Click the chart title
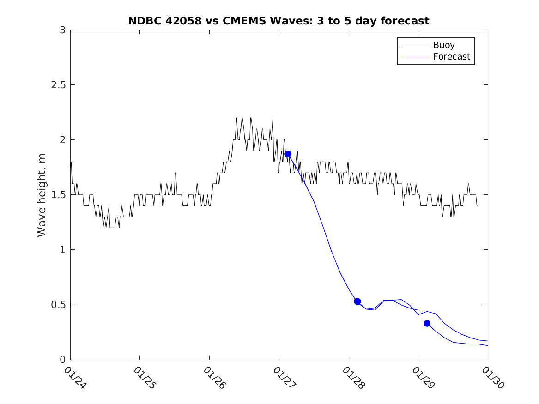click(279, 21)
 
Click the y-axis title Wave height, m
click(42, 195)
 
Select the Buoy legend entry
click(444, 45)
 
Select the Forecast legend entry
click(451, 57)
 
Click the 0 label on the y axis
click(62, 360)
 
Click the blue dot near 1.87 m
click(288, 154)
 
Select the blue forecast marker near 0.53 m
click(357, 301)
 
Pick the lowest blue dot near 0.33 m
click(427, 323)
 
